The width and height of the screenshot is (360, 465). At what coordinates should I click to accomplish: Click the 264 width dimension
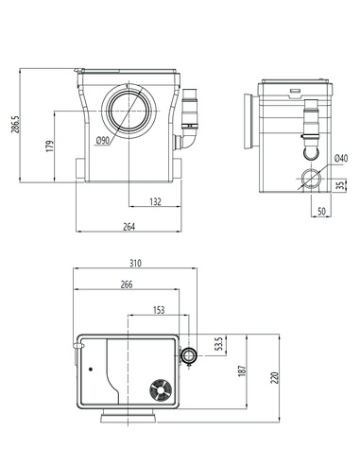coord(128,225)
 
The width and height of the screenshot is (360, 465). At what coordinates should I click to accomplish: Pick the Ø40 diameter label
coord(340,157)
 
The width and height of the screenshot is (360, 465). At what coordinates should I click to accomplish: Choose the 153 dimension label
coord(157,309)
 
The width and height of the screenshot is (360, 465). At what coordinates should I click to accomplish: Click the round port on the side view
coord(308,179)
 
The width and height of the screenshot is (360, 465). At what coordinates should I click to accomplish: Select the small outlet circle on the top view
coord(191,355)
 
